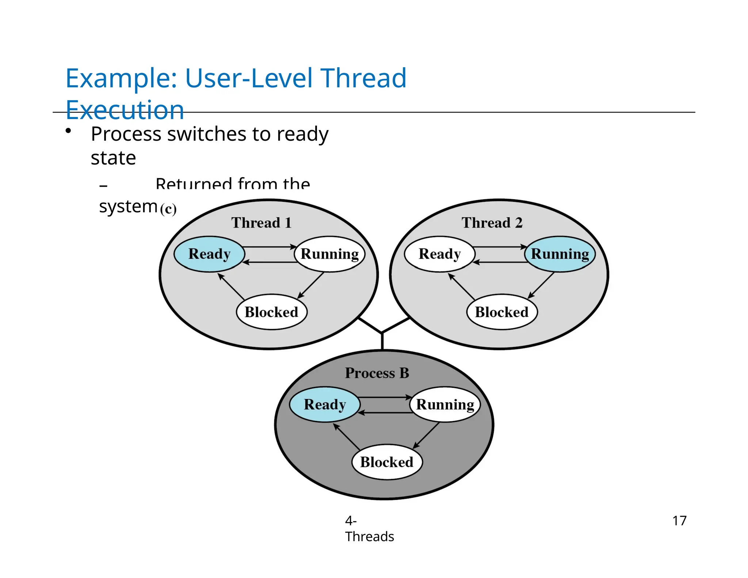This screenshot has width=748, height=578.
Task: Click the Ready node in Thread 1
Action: (x=209, y=254)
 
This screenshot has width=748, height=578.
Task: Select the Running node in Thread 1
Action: (x=329, y=254)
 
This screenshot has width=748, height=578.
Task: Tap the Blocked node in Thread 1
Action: (x=271, y=312)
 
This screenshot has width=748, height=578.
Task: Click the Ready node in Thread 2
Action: (x=439, y=254)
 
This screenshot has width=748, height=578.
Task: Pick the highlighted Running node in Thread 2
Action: (x=560, y=254)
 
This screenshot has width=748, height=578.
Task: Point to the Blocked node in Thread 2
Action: (x=501, y=312)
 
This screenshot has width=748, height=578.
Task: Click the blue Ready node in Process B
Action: (x=325, y=404)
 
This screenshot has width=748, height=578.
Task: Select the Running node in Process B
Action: (x=445, y=404)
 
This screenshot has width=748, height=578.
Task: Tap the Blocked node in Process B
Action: (x=387, y=462)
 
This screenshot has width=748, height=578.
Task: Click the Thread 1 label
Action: (x=262, y=223)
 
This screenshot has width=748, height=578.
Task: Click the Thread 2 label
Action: (x=492, y=223)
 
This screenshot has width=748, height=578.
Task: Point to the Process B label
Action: (x=377, y=373)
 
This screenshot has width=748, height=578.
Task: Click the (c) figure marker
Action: (x=168, y=209)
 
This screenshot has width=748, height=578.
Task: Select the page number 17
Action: (x=679, y=521)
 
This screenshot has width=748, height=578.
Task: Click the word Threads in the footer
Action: (x=369, y=537)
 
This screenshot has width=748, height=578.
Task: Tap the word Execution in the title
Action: (x=125, y=110)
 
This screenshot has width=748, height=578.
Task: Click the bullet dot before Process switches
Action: (x=68, y=131)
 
